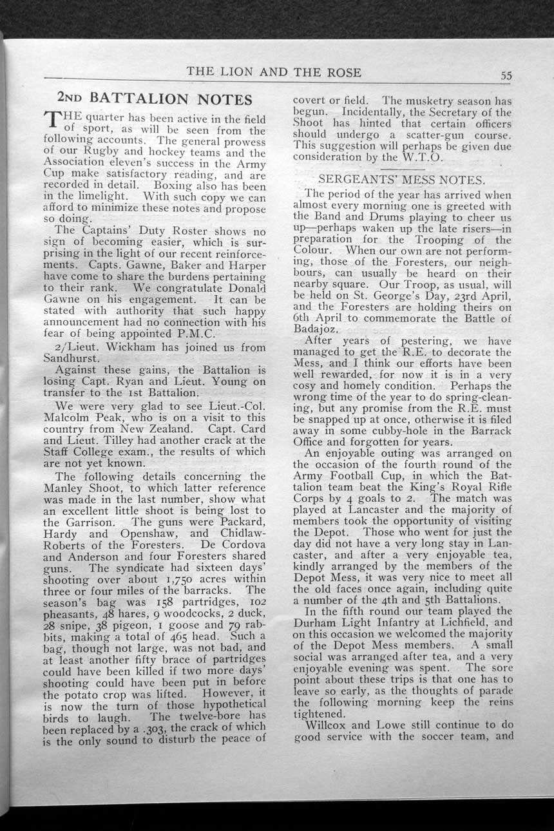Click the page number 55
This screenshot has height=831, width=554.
click(506, 75)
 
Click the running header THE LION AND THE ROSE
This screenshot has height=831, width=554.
click(274, 72)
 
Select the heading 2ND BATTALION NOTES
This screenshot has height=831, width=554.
click(155, 99)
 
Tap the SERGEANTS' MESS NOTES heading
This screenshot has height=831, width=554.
click(402, 179)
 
